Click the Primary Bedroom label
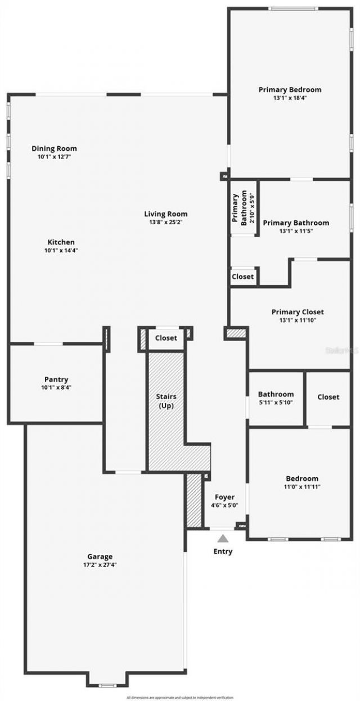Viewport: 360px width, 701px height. (x=290, y=89)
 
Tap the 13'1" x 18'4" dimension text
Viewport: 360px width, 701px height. (x=290, y=98)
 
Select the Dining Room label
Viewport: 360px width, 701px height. (x=54, y=148)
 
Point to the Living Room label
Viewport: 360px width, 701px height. (x=165, y=214)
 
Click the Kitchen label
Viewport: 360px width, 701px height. (x=61, y=242)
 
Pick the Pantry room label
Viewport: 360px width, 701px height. (x=56, y=379)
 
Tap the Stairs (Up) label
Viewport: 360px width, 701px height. (x=166, y=401)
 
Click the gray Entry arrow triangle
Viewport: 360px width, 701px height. (x=223, y=538)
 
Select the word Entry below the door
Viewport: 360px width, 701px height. (x=223, y=551)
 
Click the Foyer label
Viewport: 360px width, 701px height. (x=224, y=497)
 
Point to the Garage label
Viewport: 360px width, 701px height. (x=100, y=557)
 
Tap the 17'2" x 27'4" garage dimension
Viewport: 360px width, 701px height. (x=100, y=564)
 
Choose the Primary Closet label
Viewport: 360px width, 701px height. (x=298, y=312)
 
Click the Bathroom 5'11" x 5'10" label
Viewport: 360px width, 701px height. (x=276, y=398)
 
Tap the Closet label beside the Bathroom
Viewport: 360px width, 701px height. (x=328, y=397)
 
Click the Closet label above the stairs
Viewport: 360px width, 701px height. (x=166, y=338)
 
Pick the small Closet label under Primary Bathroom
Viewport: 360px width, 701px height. (x=242, y=277)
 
